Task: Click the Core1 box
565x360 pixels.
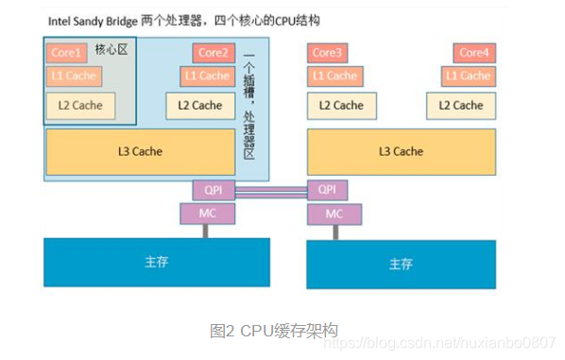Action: [66, 53]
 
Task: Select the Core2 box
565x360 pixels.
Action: [214, 53]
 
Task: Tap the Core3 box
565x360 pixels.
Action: [328, 53]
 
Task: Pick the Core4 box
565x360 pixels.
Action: [474, 53]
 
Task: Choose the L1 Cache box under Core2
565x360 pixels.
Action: [208, 77]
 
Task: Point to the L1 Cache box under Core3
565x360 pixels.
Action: [334, 77]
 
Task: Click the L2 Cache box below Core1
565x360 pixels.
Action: [80, 106]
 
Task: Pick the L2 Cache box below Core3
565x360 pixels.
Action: [341, 106]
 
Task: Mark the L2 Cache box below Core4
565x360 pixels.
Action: [461, 106]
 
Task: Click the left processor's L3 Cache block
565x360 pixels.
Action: [140, 151]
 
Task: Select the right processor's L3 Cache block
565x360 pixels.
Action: [402, 151]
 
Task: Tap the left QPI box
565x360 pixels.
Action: [214, 190]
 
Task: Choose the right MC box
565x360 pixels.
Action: [334, 214]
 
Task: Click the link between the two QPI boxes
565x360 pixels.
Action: [271, 191]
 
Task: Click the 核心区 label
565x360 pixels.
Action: [111, 50]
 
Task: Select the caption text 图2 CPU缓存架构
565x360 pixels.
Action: [273, 331]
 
